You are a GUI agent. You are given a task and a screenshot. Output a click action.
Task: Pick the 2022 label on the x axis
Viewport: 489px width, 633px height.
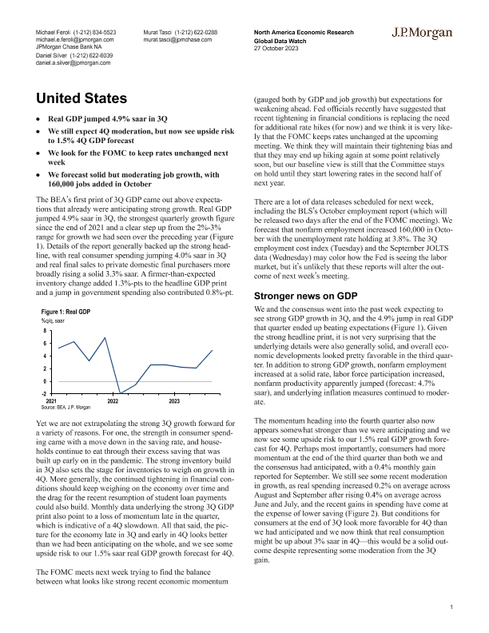pyautogui.click(x=113, y=400)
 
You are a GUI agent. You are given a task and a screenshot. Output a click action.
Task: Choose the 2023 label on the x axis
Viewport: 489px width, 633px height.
pyautogui.click(x=173, y=400)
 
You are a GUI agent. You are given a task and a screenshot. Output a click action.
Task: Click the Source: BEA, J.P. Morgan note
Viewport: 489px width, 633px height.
pyautogui.click(x=66, y=408)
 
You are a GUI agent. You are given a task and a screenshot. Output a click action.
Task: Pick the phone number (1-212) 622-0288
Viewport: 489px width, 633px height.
pyautogui.click(x=197, y=31)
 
